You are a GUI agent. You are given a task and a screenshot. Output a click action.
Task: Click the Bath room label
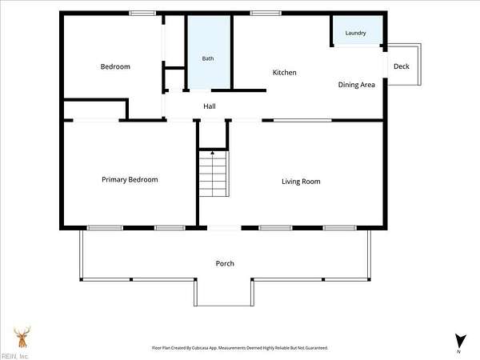208,58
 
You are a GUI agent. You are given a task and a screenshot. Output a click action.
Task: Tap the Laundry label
355,33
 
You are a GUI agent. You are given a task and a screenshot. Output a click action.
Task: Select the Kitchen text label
284,73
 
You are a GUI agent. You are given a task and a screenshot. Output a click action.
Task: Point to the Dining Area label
356,85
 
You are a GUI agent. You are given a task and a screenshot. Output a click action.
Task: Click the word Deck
402,66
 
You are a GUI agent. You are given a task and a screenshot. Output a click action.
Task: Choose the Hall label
210,106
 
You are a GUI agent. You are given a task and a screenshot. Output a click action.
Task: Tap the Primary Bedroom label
130,180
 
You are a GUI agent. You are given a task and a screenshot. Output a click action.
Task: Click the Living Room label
301,182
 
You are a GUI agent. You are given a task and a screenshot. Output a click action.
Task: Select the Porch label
225,263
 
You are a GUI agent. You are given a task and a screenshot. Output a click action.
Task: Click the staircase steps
214,174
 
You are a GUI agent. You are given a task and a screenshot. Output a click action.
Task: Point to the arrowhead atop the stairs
213,152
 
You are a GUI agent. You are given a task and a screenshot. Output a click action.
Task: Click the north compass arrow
460,341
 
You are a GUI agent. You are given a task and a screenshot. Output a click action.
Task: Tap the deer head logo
22,337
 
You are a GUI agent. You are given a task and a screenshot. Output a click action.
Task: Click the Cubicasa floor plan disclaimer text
240,348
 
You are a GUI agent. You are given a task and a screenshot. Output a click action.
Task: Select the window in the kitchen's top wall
266,13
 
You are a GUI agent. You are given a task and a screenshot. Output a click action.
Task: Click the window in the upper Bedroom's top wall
142,13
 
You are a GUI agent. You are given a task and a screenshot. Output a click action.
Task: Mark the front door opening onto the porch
224,228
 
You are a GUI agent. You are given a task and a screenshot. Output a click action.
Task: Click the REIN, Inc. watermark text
14,356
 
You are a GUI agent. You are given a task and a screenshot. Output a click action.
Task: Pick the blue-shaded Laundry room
358,30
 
